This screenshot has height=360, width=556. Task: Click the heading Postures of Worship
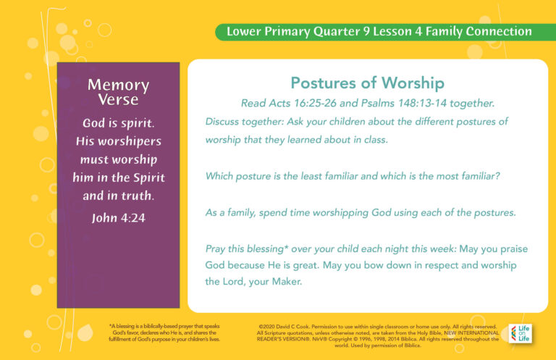(x=367, y=83)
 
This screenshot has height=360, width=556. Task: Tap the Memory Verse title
(x=118, y=92)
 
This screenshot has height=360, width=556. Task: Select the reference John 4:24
(x=118, y=217)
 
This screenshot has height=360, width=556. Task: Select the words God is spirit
(x=118, y=123)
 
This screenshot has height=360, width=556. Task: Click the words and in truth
(x=118, y=196)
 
